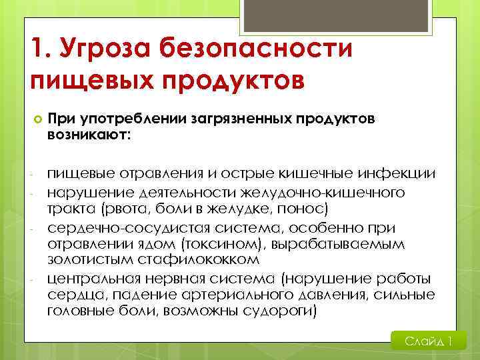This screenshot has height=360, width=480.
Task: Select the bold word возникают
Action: (89, 135)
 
